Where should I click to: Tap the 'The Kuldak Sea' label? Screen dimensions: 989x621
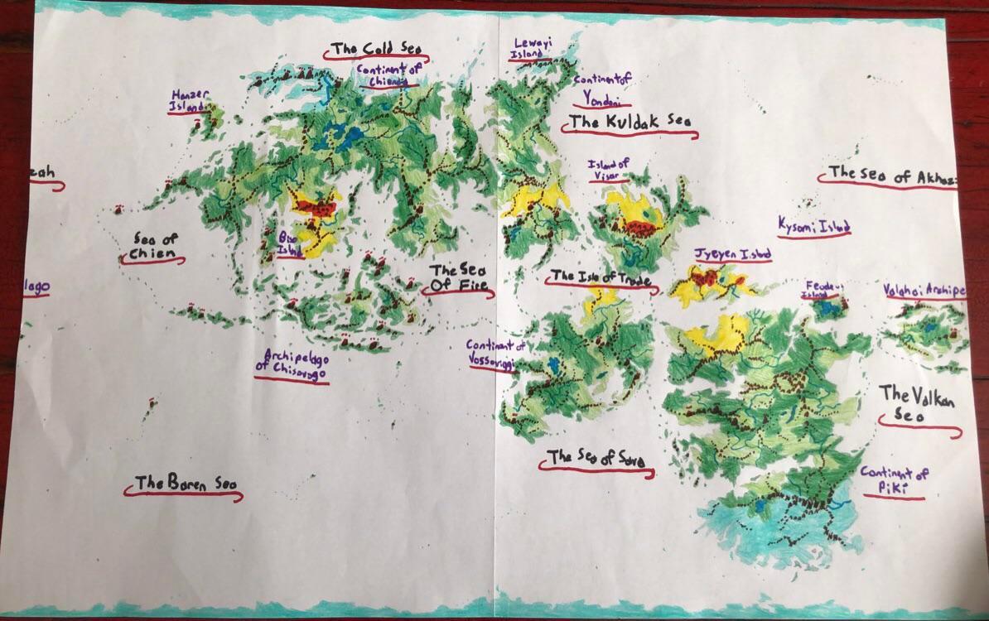(627, 123)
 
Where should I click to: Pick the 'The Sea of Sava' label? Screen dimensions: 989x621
(596, 458)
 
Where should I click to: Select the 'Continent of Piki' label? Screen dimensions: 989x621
(894, 481)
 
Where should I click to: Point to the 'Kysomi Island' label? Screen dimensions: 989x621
(813, 224)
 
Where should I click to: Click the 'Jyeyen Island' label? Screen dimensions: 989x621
(732, 254)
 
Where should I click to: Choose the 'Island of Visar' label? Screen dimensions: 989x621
(609, 169)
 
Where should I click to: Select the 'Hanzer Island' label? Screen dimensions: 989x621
(188, 100)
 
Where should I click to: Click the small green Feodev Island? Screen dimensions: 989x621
(827, 309)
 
